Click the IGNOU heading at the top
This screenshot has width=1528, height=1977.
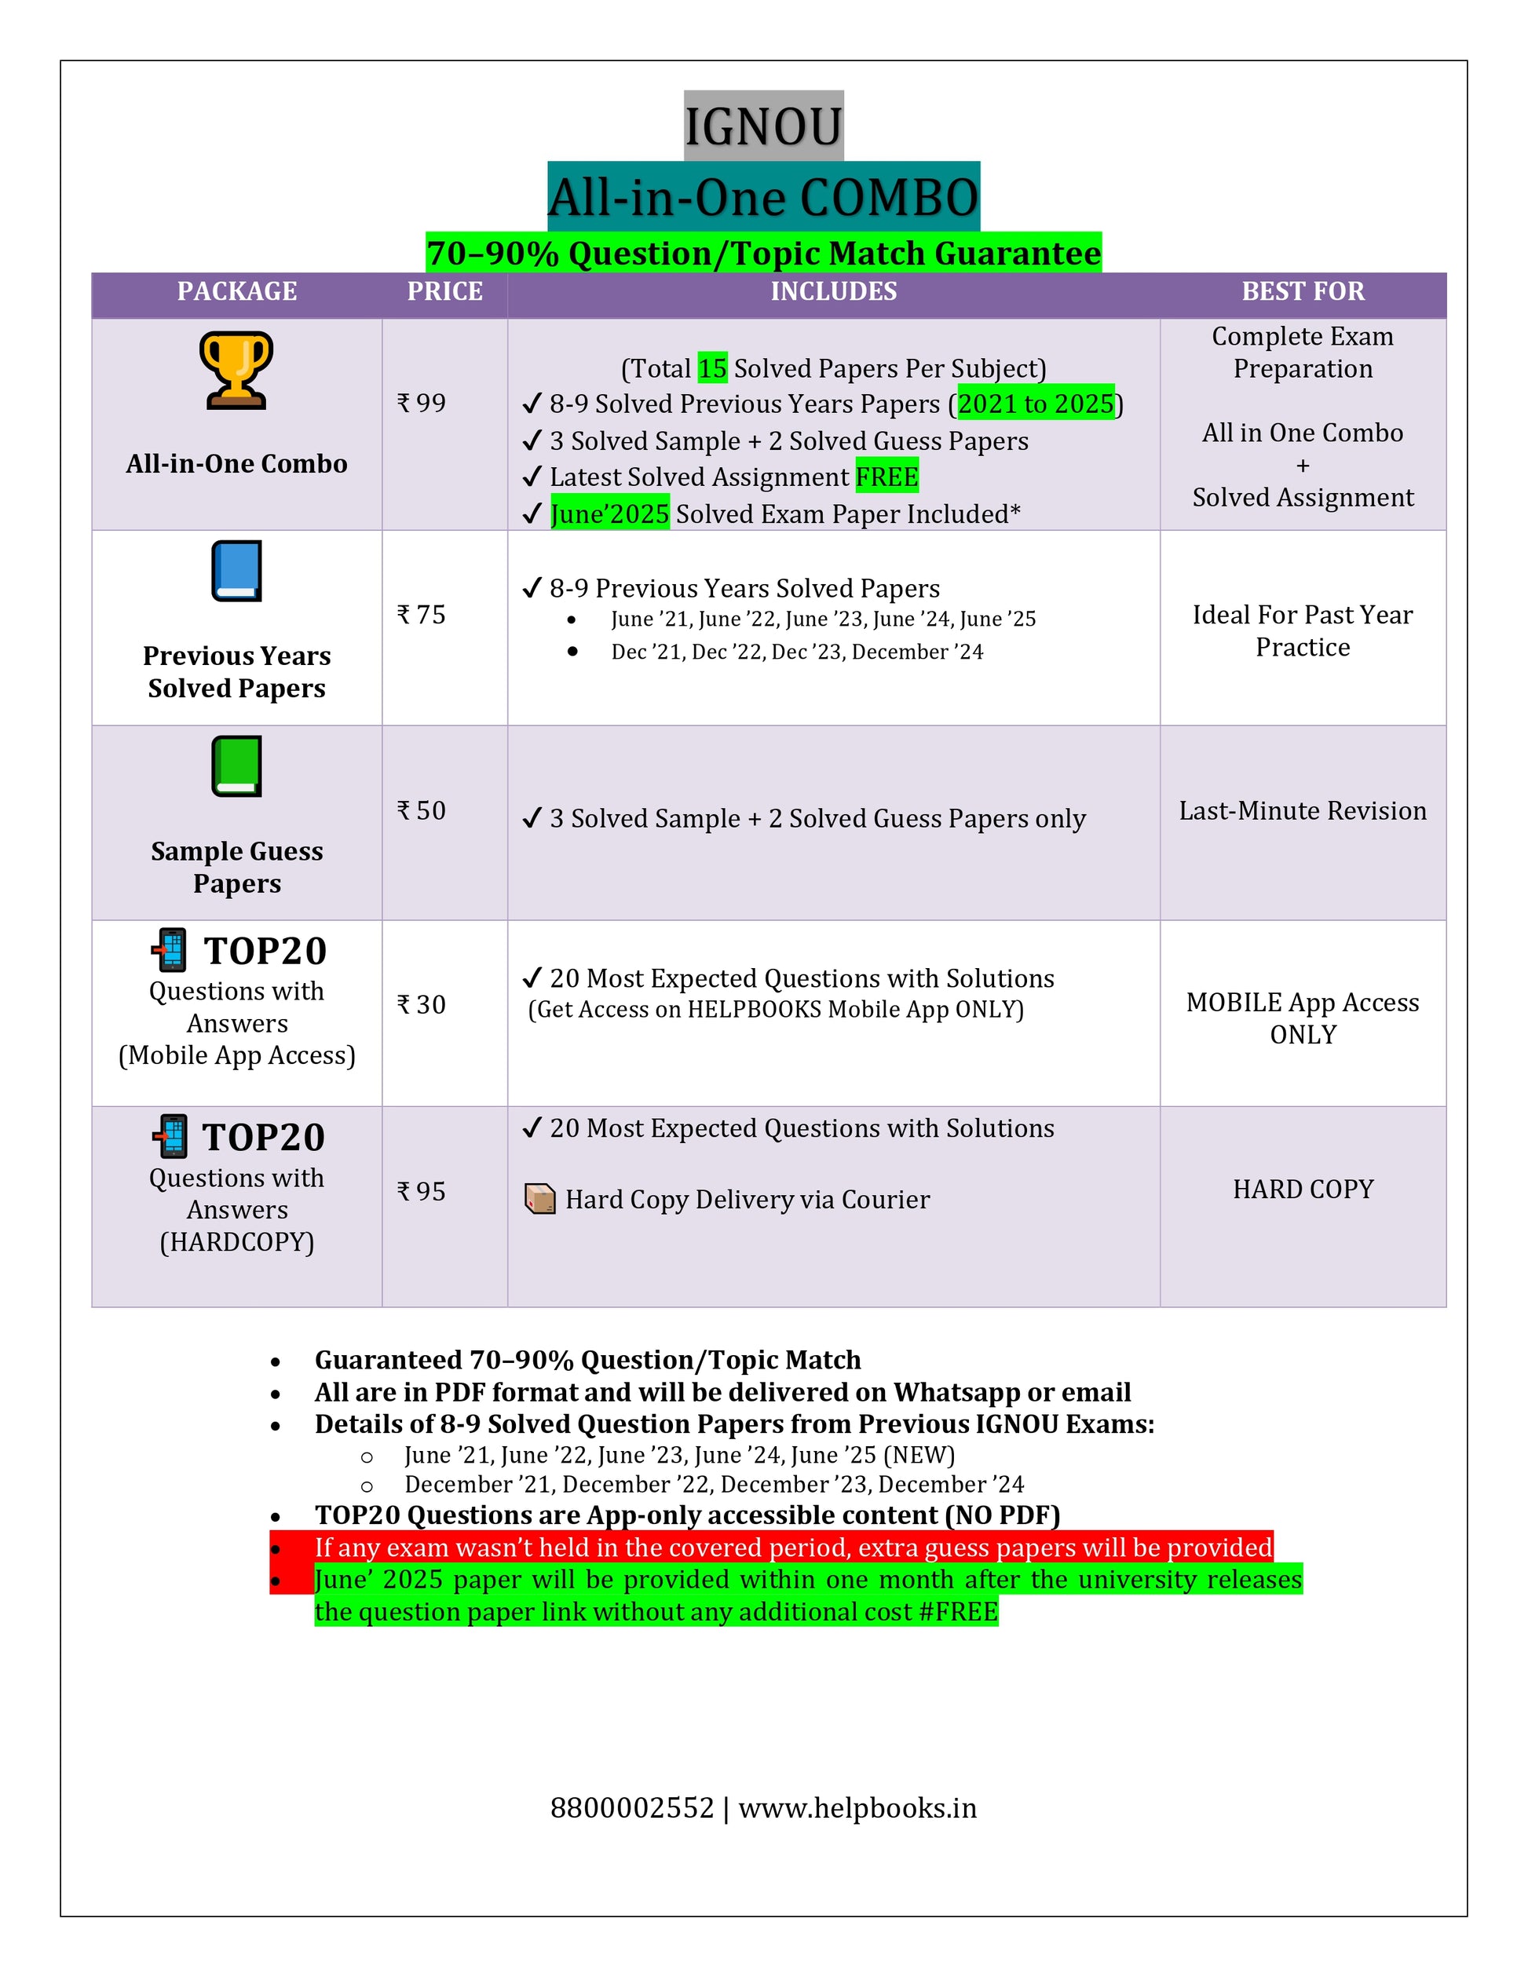pos(763,126)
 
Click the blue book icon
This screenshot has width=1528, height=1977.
pos(236,571)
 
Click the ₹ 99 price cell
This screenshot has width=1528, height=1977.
pos(422,403)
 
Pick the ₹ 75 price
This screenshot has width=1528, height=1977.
pos(422,615)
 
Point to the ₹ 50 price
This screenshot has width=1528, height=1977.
pos(422,810)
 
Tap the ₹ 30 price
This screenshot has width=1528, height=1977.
pos(422,1004)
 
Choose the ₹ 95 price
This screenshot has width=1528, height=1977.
pos(422,1191)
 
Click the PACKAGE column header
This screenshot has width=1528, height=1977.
pos(236,291)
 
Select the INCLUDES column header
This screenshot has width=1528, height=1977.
pos(833,291)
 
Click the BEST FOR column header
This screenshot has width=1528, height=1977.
pos(1303,291)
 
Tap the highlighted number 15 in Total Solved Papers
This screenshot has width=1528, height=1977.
pos(712,368)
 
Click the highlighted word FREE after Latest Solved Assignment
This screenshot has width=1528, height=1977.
pos(886,477)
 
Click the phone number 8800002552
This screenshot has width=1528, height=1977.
pos(632,1807)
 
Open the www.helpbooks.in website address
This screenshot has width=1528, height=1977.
pos(857,1807)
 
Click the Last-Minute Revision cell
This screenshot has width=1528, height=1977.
pos(1303,810)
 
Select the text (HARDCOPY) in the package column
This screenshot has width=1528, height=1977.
pos(236,1242)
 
